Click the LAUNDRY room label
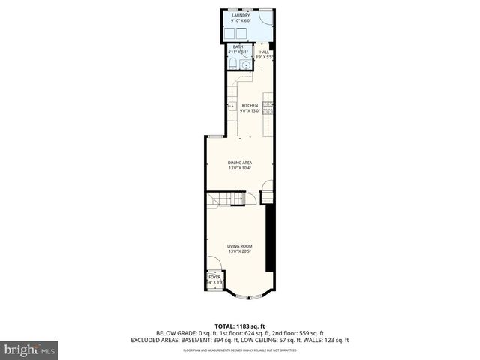click(x=241, y=14)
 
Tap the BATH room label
click(x=238, y=47)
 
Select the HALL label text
click(x=264, y=52)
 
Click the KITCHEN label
click(x=250, y=106)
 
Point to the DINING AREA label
click(x=240, y=163)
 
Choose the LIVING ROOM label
click(x=240, y=246)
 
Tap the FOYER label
click(x=214, y=277)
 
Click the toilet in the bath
click(x=247, y=63)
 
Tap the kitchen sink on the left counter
click(x=231, y=106)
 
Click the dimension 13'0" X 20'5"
click(x=240, y=251)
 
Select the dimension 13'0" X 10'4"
click(x=240, y=168)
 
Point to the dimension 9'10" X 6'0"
click(x=241, y=19)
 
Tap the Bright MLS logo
click(x=29, y=349)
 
